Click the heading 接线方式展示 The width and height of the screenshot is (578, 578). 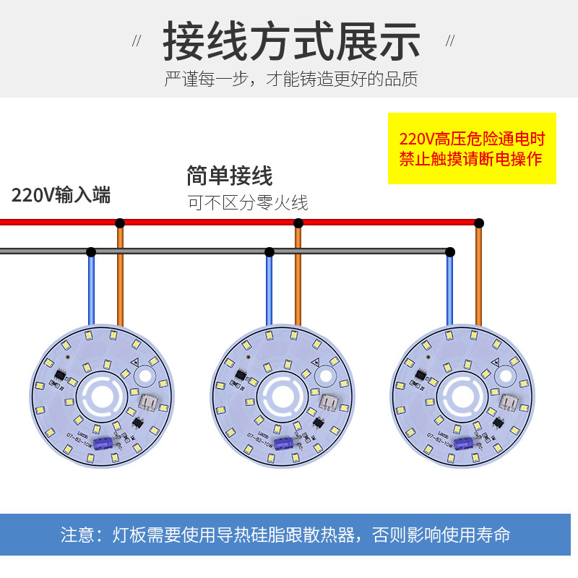[x=291, y=40]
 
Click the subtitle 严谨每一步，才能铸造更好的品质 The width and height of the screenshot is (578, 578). [x=291, y=79]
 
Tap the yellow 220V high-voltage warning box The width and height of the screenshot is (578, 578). [x=472, y=148]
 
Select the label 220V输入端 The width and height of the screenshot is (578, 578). [x=61, y=195]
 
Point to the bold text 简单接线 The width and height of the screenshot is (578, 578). [x=229, y=176]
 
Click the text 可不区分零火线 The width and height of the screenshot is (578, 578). [x=248, y=203]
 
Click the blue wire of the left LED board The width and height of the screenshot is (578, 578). [x=91, y=289]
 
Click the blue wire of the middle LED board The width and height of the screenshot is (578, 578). [x=269, y=289]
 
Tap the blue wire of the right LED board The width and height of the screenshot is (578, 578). [x=449, y=289]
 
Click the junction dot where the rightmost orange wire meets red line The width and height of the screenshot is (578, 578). [x=478, y=223]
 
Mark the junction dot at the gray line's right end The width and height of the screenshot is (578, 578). [x=449, y=252]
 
